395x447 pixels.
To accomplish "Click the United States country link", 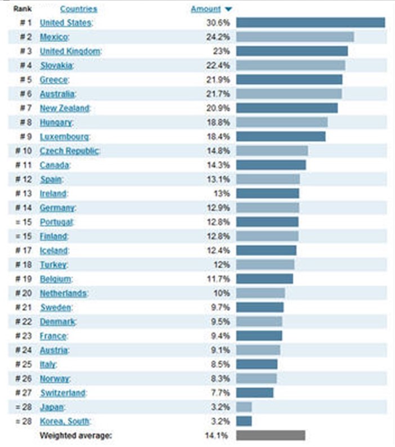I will point(65,23).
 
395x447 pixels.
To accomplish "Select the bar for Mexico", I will point(295,37).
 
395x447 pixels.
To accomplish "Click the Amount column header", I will point(205,9).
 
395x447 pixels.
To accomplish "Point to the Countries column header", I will point(78,9).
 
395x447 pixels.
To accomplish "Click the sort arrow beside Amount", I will point(228,9).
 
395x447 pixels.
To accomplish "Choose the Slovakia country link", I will point(57,66).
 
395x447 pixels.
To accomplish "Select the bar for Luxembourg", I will point(281,137).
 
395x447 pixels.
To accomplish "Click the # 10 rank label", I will point(24,151).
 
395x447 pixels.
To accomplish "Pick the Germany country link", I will point(57,208).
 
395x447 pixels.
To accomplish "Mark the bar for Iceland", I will point(266,251).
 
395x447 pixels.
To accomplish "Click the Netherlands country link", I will point(63,293).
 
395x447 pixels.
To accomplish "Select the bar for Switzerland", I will point(255,393).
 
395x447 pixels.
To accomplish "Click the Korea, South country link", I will point(65,421).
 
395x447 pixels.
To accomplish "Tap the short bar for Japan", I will point(244,407).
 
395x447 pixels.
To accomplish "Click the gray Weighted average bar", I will point(271,435).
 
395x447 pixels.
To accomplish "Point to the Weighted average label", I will point(76,435).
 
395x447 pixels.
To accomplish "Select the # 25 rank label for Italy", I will point(24,364).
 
